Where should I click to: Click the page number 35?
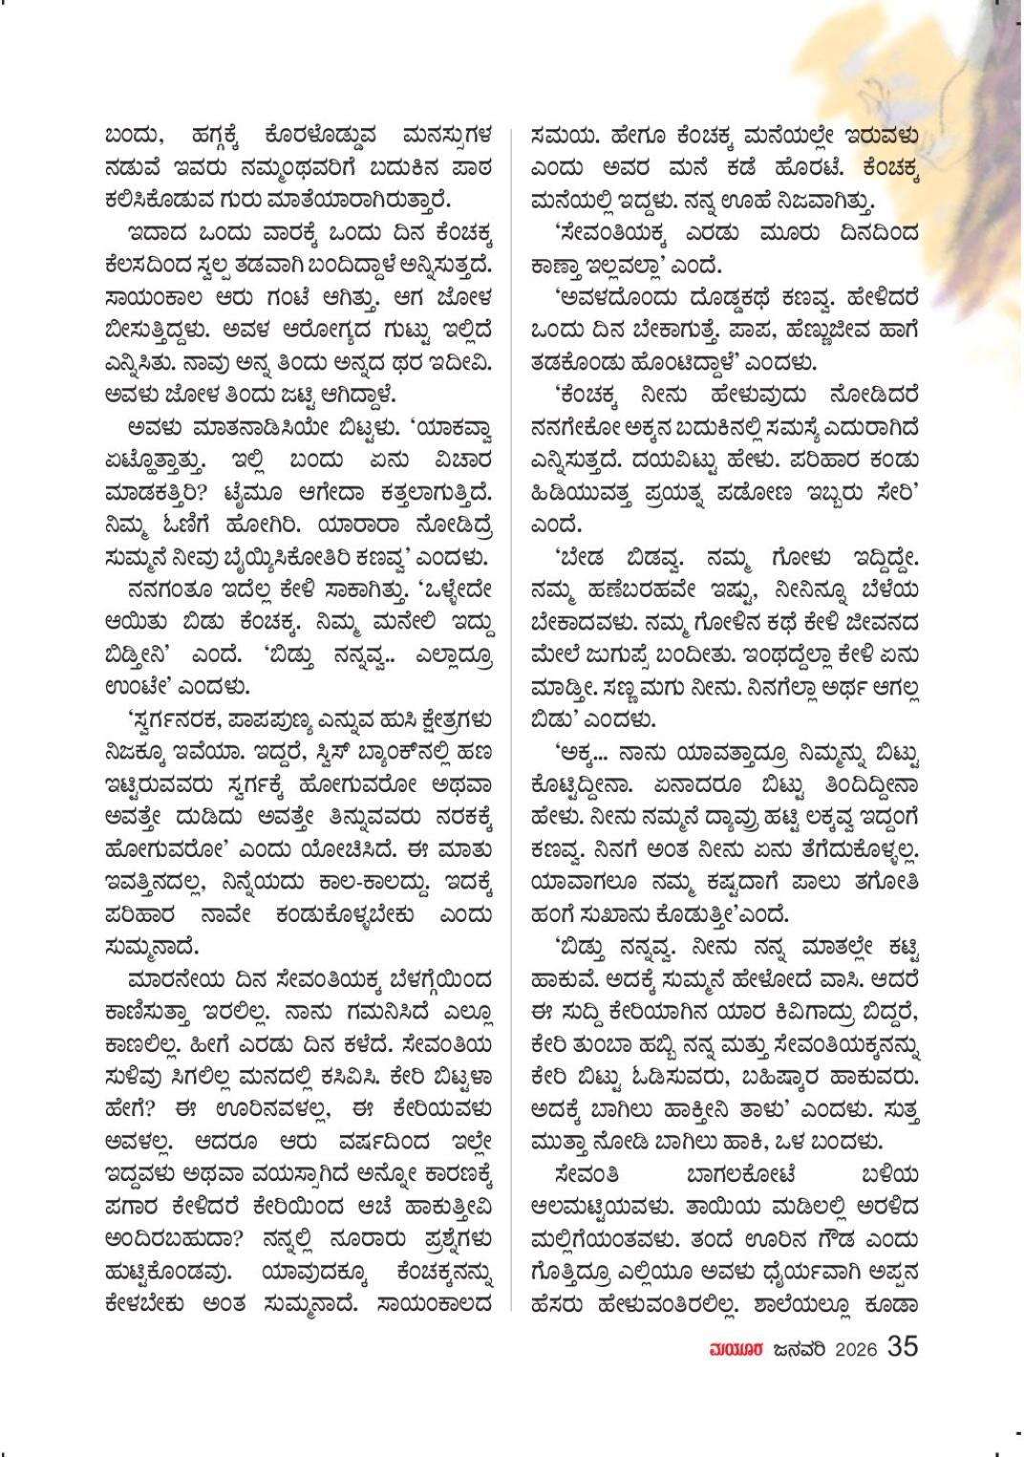point(903,1346)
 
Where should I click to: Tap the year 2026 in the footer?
point(855,1349)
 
